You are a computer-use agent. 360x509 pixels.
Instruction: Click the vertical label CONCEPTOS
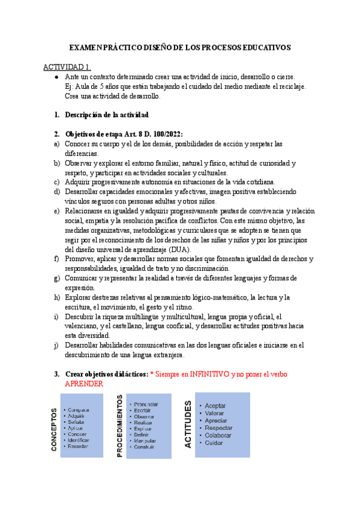[55, 429]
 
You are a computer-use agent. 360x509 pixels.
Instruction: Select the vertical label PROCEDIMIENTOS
[120, 426]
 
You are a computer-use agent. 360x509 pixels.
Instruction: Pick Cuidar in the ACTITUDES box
[214, 443]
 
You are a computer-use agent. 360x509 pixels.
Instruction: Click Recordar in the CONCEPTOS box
[78, 447]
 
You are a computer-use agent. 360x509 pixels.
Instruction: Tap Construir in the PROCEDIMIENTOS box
[144, 447]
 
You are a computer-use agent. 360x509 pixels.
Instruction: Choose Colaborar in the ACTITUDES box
[218, 435]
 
